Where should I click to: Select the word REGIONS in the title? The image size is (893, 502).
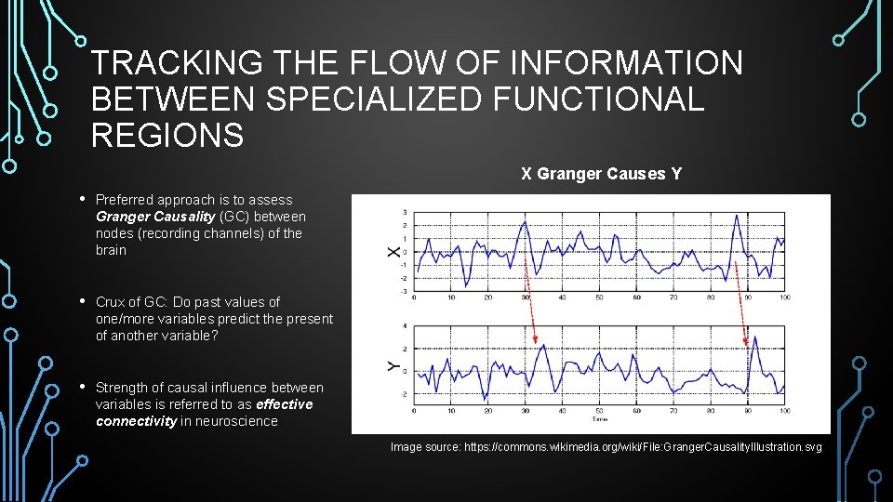pyautogui.click(x=167, y=136)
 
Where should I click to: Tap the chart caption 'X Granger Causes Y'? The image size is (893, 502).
pyautogui.click(x=601, y=174)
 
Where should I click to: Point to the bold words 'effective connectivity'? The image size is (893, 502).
pyautogui.click(x=204, y=413)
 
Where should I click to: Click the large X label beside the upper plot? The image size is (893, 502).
pyautogui.click(x=393, y=251)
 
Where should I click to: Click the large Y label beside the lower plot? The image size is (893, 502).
pyautogui.click(x=393, y=367)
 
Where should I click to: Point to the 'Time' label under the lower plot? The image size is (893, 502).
pyautogui.click(x=599, y=420)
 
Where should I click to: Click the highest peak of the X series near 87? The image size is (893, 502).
pyautogui.click(x=737, y=216)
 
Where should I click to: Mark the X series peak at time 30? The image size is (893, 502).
pyautogui.click(x=525, y=224)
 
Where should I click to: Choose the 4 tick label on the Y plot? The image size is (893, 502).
pyautogui.click(x=405, y=325)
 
